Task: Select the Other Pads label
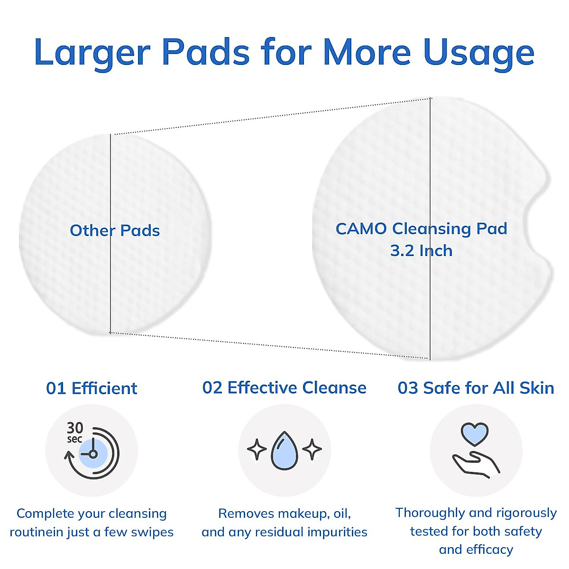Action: [115, 230]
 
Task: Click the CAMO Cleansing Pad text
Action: [422, 229]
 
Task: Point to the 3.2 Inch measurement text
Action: [422, 251]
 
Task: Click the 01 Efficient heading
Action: [92, 388]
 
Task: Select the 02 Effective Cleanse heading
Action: [284, 388]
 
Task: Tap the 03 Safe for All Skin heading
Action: [476, 388]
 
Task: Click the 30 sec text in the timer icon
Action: [75, 432]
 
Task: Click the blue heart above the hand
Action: [475, 434]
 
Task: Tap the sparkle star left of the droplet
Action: [257, 450]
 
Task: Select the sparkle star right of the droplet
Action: [312, 450]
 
